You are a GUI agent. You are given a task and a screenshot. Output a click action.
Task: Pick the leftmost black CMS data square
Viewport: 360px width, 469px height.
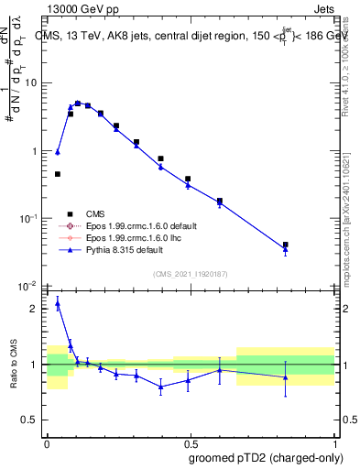(x=58, y=174)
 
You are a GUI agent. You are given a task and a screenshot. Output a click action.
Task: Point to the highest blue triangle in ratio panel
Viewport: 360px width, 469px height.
(x=58, y=303)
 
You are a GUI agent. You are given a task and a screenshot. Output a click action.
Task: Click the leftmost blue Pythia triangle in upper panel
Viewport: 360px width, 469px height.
(x=58, y=152)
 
